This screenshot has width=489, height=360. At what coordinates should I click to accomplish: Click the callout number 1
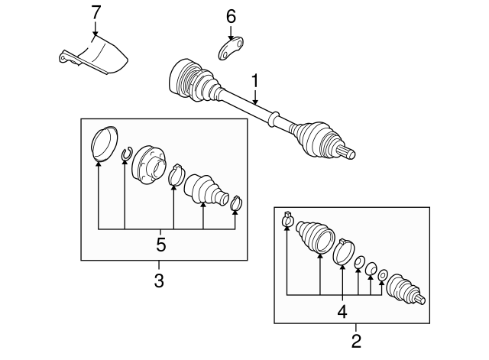click(255, 79)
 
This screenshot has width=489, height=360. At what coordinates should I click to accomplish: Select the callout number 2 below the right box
click(356, 339)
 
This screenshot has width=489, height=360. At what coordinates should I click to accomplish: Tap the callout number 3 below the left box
click(159, 281)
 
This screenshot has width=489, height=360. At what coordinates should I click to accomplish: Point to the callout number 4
click(342, 311)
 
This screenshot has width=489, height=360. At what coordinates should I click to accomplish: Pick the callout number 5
click(160, 245)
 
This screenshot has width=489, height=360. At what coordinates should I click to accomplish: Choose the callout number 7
click(96, 12)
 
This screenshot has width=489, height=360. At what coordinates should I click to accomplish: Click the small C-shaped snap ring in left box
click(125, 156)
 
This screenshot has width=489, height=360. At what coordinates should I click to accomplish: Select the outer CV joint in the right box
click(404, 291)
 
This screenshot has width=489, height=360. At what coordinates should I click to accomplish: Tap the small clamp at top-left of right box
click(287, 219)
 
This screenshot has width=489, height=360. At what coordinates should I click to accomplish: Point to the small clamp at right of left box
click(237, 203)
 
